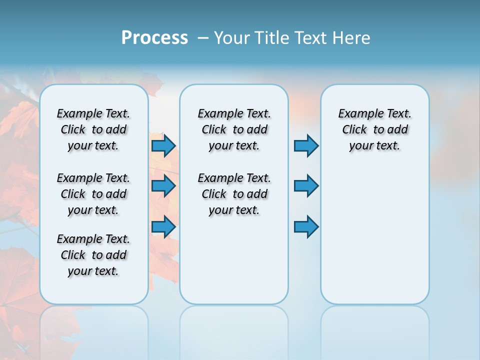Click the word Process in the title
click(154, 38)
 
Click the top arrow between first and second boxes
click(163, 145)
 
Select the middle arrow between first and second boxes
click(163, 186)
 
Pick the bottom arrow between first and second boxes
click(163, 226)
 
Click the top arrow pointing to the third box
click(306, 145)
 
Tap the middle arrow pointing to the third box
click(306, 186)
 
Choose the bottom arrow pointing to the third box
click(306, 226)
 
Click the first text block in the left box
click(93, 129)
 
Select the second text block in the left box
click(93, 194)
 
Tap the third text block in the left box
click(93, 255)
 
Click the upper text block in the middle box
click(234, 129)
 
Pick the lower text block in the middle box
click(234, 194)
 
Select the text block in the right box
click(374, 129)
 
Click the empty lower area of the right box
click(374, 240)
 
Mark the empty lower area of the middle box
click(234, 260)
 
